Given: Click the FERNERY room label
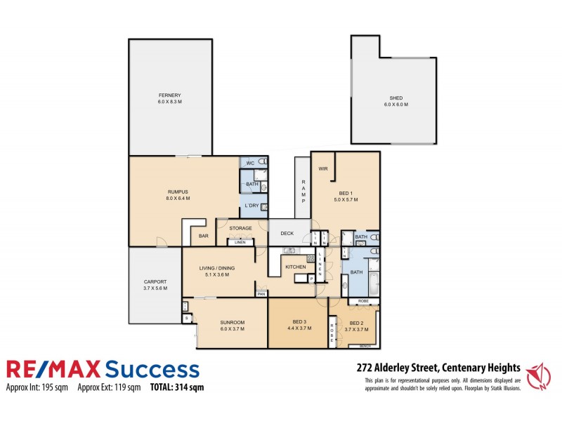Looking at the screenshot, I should click(x=169, y=95).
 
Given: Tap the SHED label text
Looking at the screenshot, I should click(x=396, y=98).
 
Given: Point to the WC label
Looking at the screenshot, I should click(x=249, y=163).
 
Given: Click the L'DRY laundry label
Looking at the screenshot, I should click(x=251, y=206).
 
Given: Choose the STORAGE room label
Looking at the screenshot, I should click(x=240, y=228).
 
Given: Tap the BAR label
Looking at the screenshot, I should click(x=203, y=236).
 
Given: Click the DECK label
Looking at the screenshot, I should click(x=287, y=233).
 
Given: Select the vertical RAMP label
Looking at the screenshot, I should click(x=303, y=190).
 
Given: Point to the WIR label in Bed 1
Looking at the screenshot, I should click(x=323, y=168).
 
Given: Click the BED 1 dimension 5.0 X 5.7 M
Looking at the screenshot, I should click(x=346, y=200).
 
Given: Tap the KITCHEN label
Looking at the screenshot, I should click(x=294, y=267).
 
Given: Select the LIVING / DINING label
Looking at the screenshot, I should click(x=216, y=268).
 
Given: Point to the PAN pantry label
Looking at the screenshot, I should click(x=261, y=294).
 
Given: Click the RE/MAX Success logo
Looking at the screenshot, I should click(x=103, y=370).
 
